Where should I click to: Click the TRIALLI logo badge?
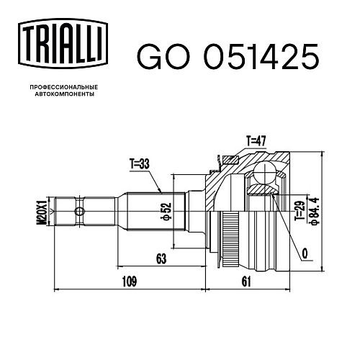[x=63, y=44]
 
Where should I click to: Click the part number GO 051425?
[x=228, y=57]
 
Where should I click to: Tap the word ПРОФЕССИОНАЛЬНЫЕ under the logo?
[x=64, y=87]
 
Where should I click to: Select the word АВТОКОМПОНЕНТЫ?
[x=65, y=94]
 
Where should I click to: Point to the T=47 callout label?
[x=256, y=141]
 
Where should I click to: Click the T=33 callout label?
[x=140, y=164]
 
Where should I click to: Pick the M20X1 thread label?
[x=42, y=211]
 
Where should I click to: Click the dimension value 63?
[x=161, y=259]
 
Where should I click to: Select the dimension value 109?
[x=130, y=282]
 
